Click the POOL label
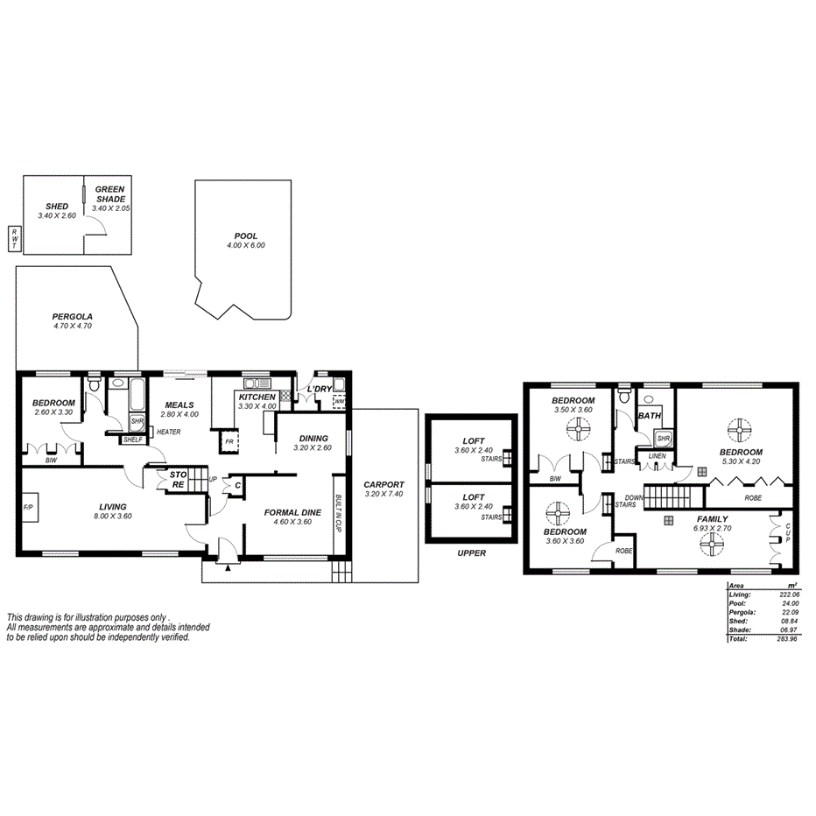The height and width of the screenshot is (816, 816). point(246,236)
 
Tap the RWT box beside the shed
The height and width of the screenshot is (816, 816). point(15,237)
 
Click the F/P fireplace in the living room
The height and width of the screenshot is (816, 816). point(28,508)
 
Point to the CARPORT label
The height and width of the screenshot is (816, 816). point(383,484)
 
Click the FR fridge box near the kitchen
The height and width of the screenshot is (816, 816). point(229,440)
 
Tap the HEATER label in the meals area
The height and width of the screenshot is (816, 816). point(169,432)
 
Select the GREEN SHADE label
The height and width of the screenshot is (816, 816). point(110,193)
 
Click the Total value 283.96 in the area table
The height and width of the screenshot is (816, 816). point(789,639)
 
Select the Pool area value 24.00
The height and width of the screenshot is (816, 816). point(789,603)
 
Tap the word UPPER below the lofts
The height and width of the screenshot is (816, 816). point(471,552)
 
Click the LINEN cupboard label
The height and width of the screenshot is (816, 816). point(656,456)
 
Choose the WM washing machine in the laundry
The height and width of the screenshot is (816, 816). point(340,403)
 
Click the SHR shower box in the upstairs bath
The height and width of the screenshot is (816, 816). point(663,439)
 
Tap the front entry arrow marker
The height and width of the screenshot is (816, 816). point(229,568)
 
